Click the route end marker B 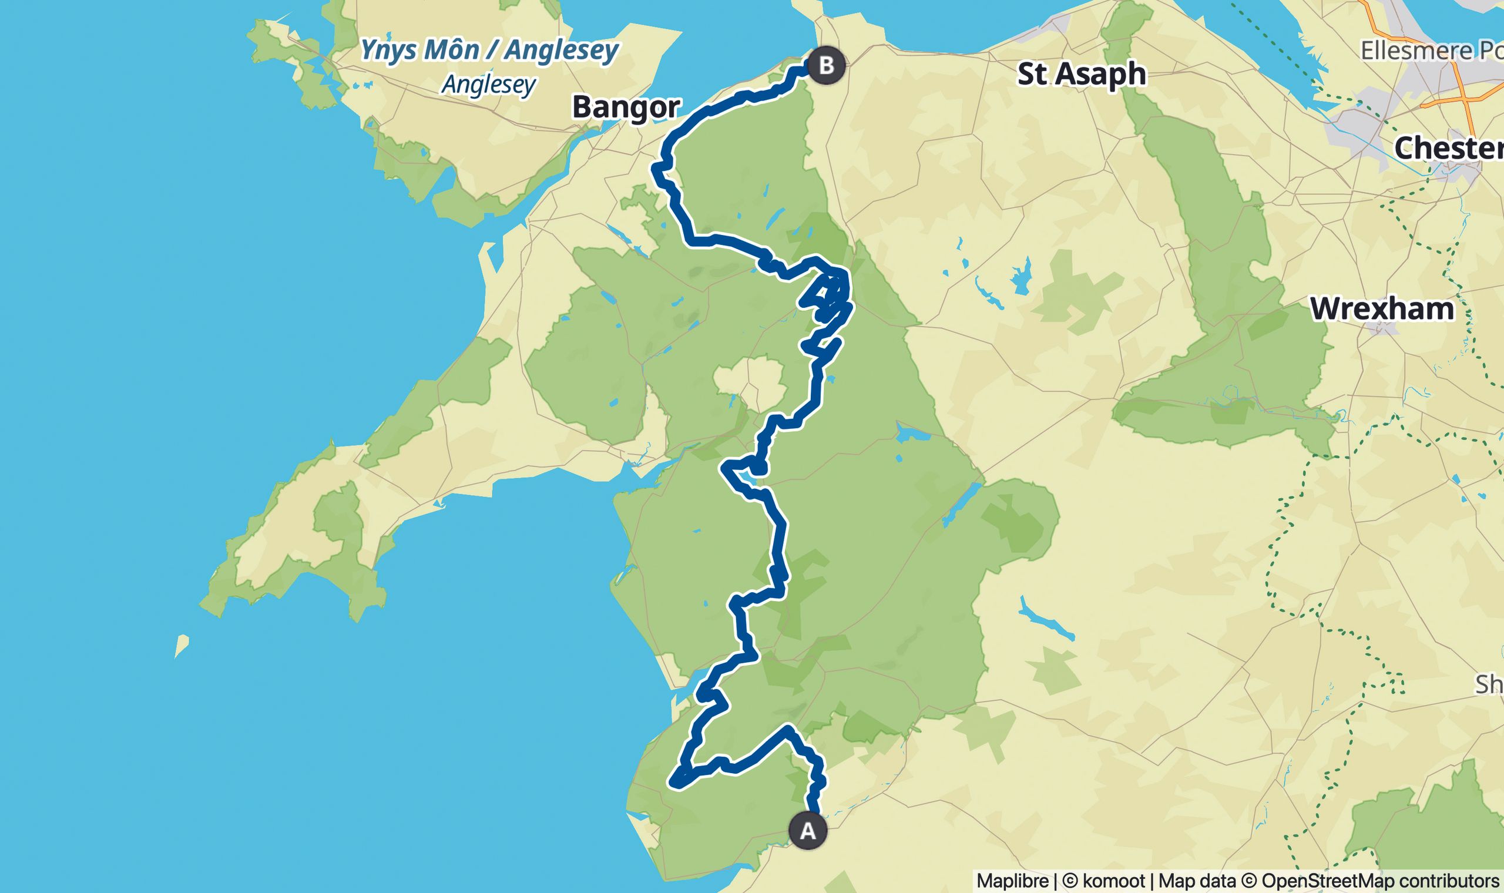(826, 65)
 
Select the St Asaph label (1081, 75)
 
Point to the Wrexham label (1382, 309)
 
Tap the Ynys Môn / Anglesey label (489, 51)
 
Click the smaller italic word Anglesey (488, 84)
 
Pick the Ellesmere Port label (1432, 51)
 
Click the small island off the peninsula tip (181, 646)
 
